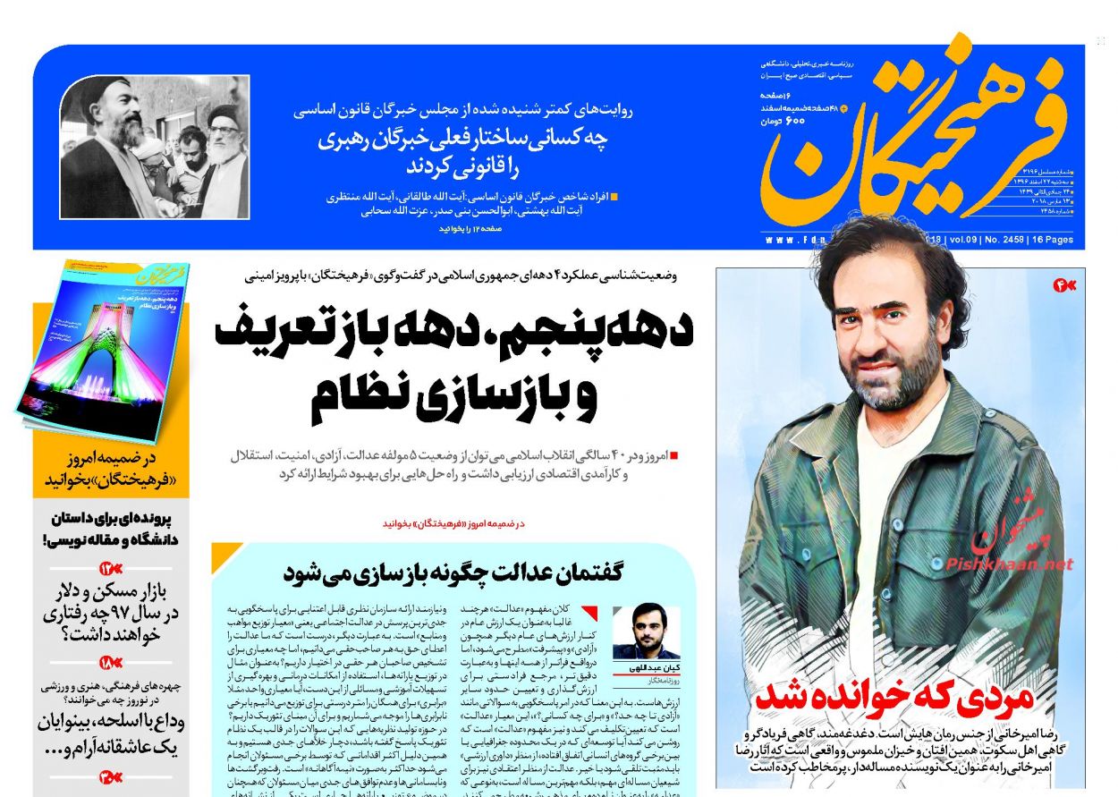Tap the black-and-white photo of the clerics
[155, 147]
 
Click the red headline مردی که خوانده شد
[894, 697]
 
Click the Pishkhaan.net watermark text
[1009, 564]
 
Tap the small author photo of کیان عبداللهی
[646, 632]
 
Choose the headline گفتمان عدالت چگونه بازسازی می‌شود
[453, 572]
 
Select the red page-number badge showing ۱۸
[112, 664]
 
